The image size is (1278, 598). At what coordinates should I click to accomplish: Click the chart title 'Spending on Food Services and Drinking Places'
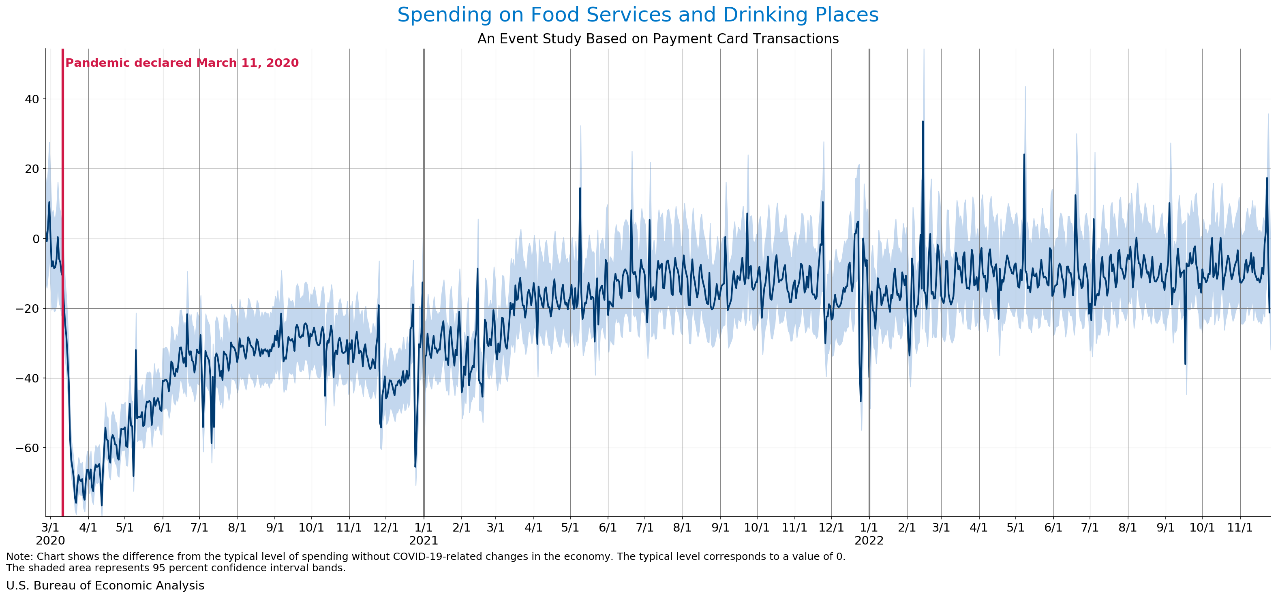pos(638,15)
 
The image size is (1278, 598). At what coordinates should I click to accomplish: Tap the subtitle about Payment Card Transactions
pos(658,38)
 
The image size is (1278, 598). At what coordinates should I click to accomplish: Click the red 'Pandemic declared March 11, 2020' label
pos(182,63)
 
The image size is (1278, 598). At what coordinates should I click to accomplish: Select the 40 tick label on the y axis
pos(32,99)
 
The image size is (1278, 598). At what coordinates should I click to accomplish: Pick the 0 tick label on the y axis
pos(36,239)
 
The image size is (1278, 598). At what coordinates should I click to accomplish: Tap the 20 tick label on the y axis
pos(32,169)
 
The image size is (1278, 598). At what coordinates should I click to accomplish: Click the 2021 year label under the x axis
pos(423,540)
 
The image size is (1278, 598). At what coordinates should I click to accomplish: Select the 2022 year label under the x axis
pos(869,540)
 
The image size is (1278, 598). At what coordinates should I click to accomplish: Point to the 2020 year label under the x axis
pos(50,540)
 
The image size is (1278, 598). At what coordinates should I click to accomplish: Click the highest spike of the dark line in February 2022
pos(923,122)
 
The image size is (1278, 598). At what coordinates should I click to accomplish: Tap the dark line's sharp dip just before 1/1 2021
pos(415,466)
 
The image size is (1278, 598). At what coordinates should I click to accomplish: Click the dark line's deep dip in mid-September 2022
pos(1185,363)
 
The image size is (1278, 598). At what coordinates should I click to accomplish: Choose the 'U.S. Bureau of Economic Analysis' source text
pos(105,585)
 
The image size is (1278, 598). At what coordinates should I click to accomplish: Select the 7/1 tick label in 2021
pos(644,528)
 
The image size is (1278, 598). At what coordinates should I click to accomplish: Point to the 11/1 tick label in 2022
pos(1240,528)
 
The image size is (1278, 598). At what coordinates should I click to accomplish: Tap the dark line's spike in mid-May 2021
pos(580,189)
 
